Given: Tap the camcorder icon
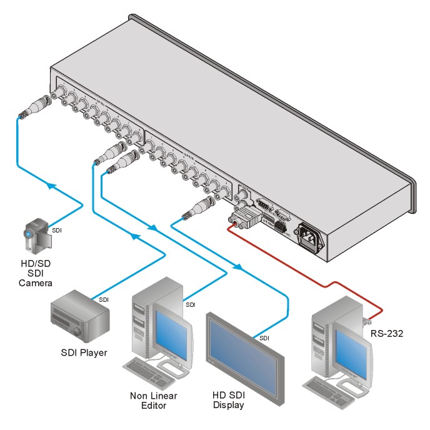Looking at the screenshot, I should coord(35,232).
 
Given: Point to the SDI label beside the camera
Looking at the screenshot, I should coord(57,230).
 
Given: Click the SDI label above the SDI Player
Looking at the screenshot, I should coord(104,300).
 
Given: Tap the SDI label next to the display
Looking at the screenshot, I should coord(265,338).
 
